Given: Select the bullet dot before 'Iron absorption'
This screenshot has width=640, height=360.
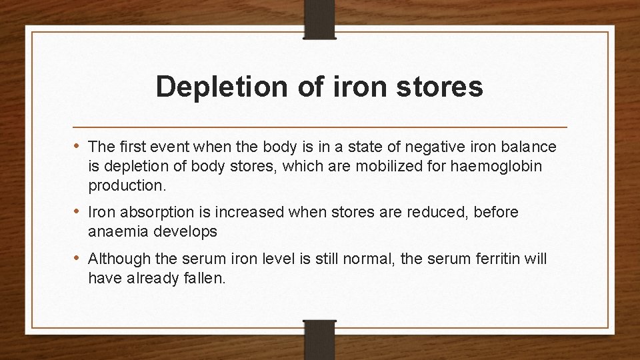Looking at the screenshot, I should click(x=78, y=212).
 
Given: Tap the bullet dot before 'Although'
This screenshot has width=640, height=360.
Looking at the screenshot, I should click(x=78, y=258).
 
